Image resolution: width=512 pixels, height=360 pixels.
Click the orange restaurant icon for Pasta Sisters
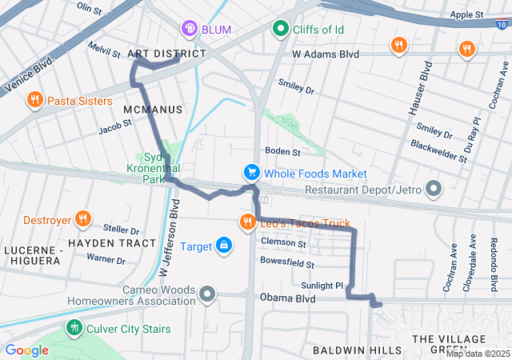(x=34, y=100)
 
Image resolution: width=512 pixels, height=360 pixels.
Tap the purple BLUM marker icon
(x=190, y=30)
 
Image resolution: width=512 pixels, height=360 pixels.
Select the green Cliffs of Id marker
(x=281, y=30)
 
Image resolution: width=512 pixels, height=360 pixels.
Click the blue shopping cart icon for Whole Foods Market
(x=252, y=174)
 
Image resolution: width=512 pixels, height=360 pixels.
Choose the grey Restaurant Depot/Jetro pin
(x=434, y=190)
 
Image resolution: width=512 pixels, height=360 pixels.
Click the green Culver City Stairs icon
(x=74, y=327)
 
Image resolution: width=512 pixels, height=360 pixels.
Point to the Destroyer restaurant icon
(x=82, y=219)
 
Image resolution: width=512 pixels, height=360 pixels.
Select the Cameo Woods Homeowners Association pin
(x=208, y=295)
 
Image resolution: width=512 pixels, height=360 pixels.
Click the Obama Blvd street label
(x=287, y=298)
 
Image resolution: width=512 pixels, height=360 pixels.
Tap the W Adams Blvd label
(x=326, y=54)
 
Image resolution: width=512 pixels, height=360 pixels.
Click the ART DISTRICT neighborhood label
(x=166, y=54)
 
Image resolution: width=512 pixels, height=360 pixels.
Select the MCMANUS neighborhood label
(x=153, y=109)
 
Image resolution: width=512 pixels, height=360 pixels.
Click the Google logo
(x=26, y=350)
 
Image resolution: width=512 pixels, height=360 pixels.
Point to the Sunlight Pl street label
(x=322, y=285)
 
